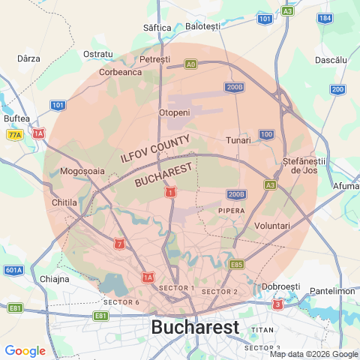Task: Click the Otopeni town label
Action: [175, 112]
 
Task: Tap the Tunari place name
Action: [238, 140]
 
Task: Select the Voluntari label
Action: [272, 226]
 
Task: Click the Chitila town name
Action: [65, 202]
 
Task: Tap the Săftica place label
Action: [157, 28]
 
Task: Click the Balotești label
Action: [202, 26]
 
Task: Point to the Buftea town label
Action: [16, 118]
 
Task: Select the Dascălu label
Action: [331, 59]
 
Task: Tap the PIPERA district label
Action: [232, 211]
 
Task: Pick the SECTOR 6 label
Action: [121, 301]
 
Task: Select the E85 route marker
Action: [237, 264]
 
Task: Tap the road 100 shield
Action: [267, 134]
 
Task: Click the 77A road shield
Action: [14, 135]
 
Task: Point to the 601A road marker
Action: [13, 270]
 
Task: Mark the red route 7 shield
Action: [118, 244]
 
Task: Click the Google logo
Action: [25, 351]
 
